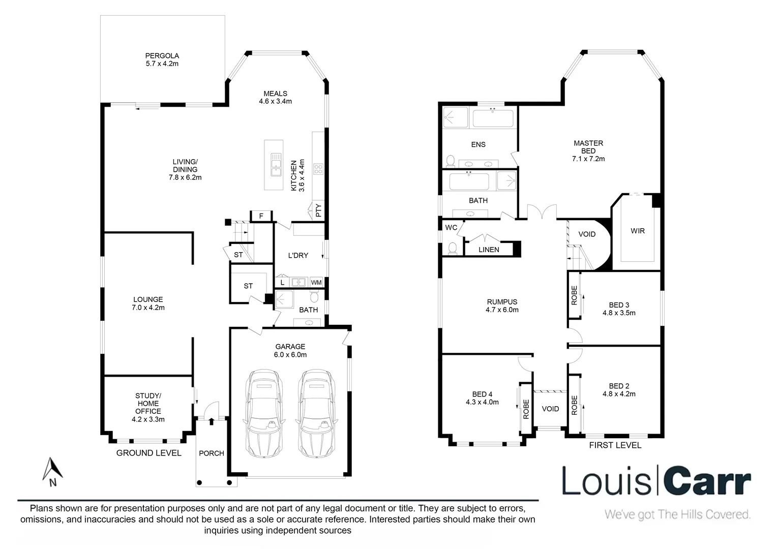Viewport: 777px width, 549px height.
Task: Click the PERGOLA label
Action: pyautogui.click(x=162, y=56)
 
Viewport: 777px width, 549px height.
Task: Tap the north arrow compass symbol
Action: pyautogui.click(x=52, y=470)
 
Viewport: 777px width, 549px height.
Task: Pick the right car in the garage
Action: pyautogui.click(x=316, y=413)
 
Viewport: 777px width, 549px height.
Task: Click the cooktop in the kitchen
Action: pyautogui.click(x=318, y=169)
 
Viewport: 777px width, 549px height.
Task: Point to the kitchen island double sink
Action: pyautogui.click(x=276, y=164)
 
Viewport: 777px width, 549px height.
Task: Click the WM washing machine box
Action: pyautogui.click(x=316, y=282)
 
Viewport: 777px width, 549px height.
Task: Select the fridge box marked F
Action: pyautogui.click(x=261, y=216)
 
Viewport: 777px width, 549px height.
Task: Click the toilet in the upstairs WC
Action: pyautogui.click(x=451, y=248)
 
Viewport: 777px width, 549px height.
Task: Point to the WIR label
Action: pyautogui.click(x=637, y=231)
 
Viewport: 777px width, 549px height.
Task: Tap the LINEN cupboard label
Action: pyautogui.click(x=489, y=250)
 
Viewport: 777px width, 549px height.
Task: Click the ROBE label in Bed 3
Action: pyautogui.click(x=574, y=295)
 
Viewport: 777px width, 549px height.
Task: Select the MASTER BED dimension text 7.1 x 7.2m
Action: pyautogui.click(x=588, y=159)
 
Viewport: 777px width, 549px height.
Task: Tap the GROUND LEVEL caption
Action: pyautogui.click(x=148, y=453)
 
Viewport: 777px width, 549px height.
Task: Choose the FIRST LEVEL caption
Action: pyautogui.click(x=615, y=445)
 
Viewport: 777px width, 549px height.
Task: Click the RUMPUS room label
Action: pyautogui.click(x=501, y=302)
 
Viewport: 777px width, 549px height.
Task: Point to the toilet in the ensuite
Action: pyautogui.click(x=450, y=161)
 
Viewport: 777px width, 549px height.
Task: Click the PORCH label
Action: pyautogui.click(x=211, y=453)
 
